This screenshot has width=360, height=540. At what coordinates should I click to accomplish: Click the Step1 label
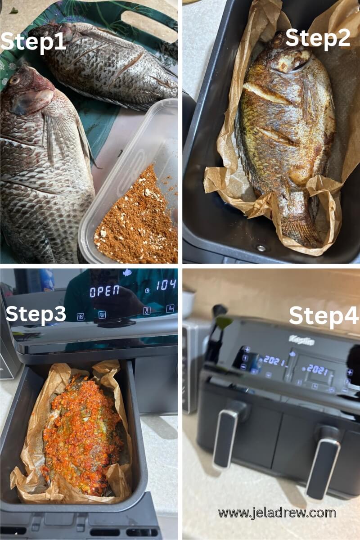pyautogui.click(x=34, y=42)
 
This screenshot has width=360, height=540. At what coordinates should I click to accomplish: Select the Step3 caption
pyautogui.click(x=36, y=314)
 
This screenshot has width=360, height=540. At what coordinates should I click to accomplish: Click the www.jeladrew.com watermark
pyautogui.click(x=277, y=513)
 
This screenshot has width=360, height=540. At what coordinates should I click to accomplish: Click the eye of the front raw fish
pyautogui.click(x=14, y=80)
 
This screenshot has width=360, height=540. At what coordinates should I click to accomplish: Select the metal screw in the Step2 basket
pyautogui.click(x=261, y=248)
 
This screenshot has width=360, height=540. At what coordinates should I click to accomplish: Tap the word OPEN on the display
pyautogui.click(x=104, y=291)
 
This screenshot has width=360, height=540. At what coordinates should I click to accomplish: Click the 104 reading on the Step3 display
pyautogui.click(x=166, y=285)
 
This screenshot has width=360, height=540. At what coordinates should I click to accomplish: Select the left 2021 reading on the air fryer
pyautogui.click(x=274, y=360)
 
